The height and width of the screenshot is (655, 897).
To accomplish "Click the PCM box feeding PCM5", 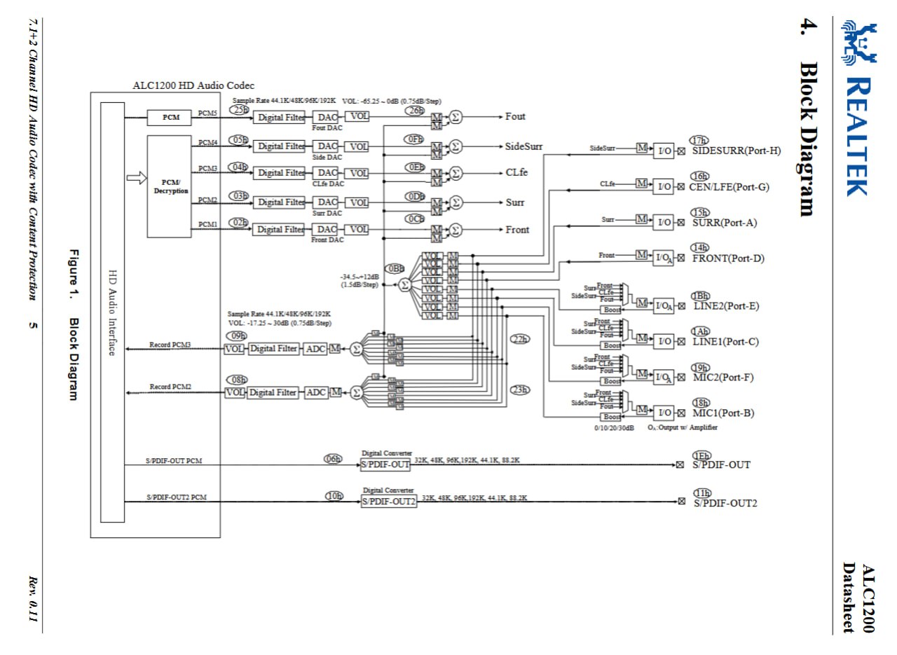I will pos(171,117).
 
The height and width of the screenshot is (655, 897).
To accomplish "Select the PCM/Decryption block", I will pos(169,186).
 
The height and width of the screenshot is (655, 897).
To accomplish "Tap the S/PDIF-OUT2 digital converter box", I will pos(388,502).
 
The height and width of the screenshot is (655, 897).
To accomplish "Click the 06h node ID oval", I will pos(333,459).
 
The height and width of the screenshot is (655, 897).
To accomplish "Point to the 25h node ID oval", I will pos(240,109).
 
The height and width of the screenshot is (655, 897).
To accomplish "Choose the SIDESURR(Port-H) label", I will pos(736,151).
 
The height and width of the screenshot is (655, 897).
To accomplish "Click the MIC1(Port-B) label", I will pos(723,413).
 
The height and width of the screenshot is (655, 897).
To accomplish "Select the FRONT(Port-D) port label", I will pos(728,258).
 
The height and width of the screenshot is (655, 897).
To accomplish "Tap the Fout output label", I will pos(515,116).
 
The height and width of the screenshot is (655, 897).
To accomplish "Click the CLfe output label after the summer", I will pos(516,173).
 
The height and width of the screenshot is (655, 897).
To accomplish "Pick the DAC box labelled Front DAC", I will pos(327,229).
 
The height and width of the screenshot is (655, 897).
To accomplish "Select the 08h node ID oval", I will pos(237,380).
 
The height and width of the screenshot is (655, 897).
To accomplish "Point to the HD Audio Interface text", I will pos(112,312).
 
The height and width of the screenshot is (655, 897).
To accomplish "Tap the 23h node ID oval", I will pos(519,390).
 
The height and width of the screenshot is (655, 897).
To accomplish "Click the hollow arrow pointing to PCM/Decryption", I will pos(136,177).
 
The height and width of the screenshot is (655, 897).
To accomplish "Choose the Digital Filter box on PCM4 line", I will pos(279,146).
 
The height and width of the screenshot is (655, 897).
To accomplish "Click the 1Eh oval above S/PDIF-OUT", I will pos(701,455).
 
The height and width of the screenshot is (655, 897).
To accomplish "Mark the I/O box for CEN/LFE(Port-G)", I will pos(663,187).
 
